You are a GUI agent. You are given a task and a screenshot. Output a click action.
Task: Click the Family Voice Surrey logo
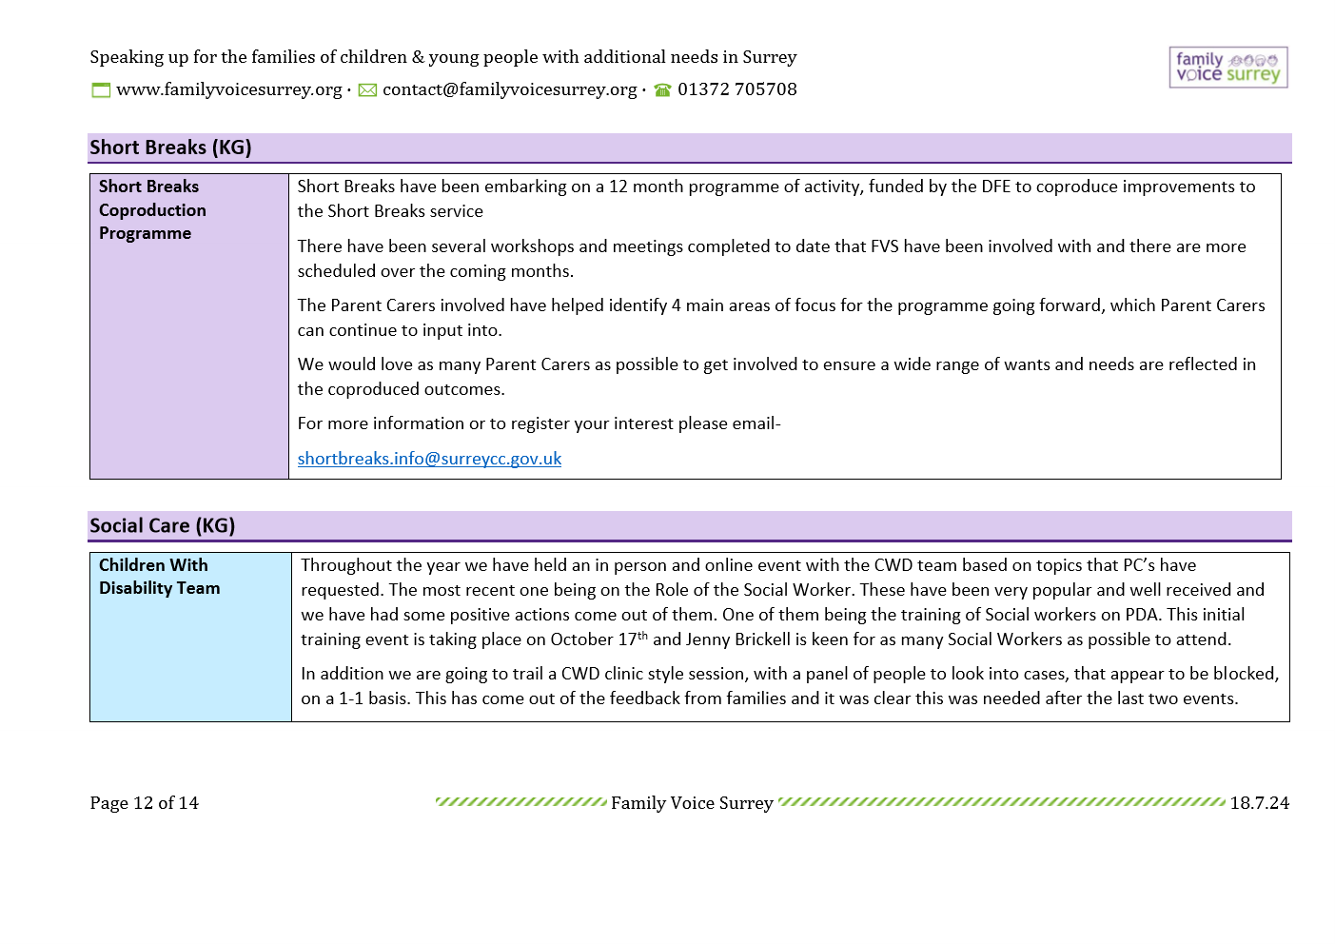pyautogui.click(x=1227, y=68)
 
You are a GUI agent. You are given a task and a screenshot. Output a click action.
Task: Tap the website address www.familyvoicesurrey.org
pyautogui.click(x=228, y=89)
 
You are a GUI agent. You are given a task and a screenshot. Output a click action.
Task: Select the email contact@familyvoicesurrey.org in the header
pyautogui.click(x=509, y=89)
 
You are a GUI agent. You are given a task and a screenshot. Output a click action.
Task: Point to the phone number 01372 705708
pyautogui.click(x=736, y=89)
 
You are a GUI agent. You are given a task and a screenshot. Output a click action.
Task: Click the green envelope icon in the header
pyautogui.click(x=367, y=90)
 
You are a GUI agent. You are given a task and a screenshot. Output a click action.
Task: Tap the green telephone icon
pyautogui.click(x=662, y=90)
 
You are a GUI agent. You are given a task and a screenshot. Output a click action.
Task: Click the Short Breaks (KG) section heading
pyautogui.click(x=170, y=147)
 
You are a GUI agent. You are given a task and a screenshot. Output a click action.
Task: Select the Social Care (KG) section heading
pyautogui.click(x=162, y=526)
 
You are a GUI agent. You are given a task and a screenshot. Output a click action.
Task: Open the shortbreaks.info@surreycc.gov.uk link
pyautogui.click(x=429, y=459)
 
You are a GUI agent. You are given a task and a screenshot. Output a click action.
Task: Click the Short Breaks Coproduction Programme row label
pyautogui.click(x=152, y=210)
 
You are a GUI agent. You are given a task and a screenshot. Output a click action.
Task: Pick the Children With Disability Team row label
pyautogui.click(x=159, y=577)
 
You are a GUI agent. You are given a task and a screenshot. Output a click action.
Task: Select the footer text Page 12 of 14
pyautogui.click(x=144, y=803)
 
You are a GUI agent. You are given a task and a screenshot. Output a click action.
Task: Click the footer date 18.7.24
pyautogui.click(x=1259, y=803)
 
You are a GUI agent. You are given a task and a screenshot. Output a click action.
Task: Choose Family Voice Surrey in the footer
pyautogui.click(x=692, y=803)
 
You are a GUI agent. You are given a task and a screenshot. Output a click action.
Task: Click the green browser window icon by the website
pyautogui.click(x=101, y=90)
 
